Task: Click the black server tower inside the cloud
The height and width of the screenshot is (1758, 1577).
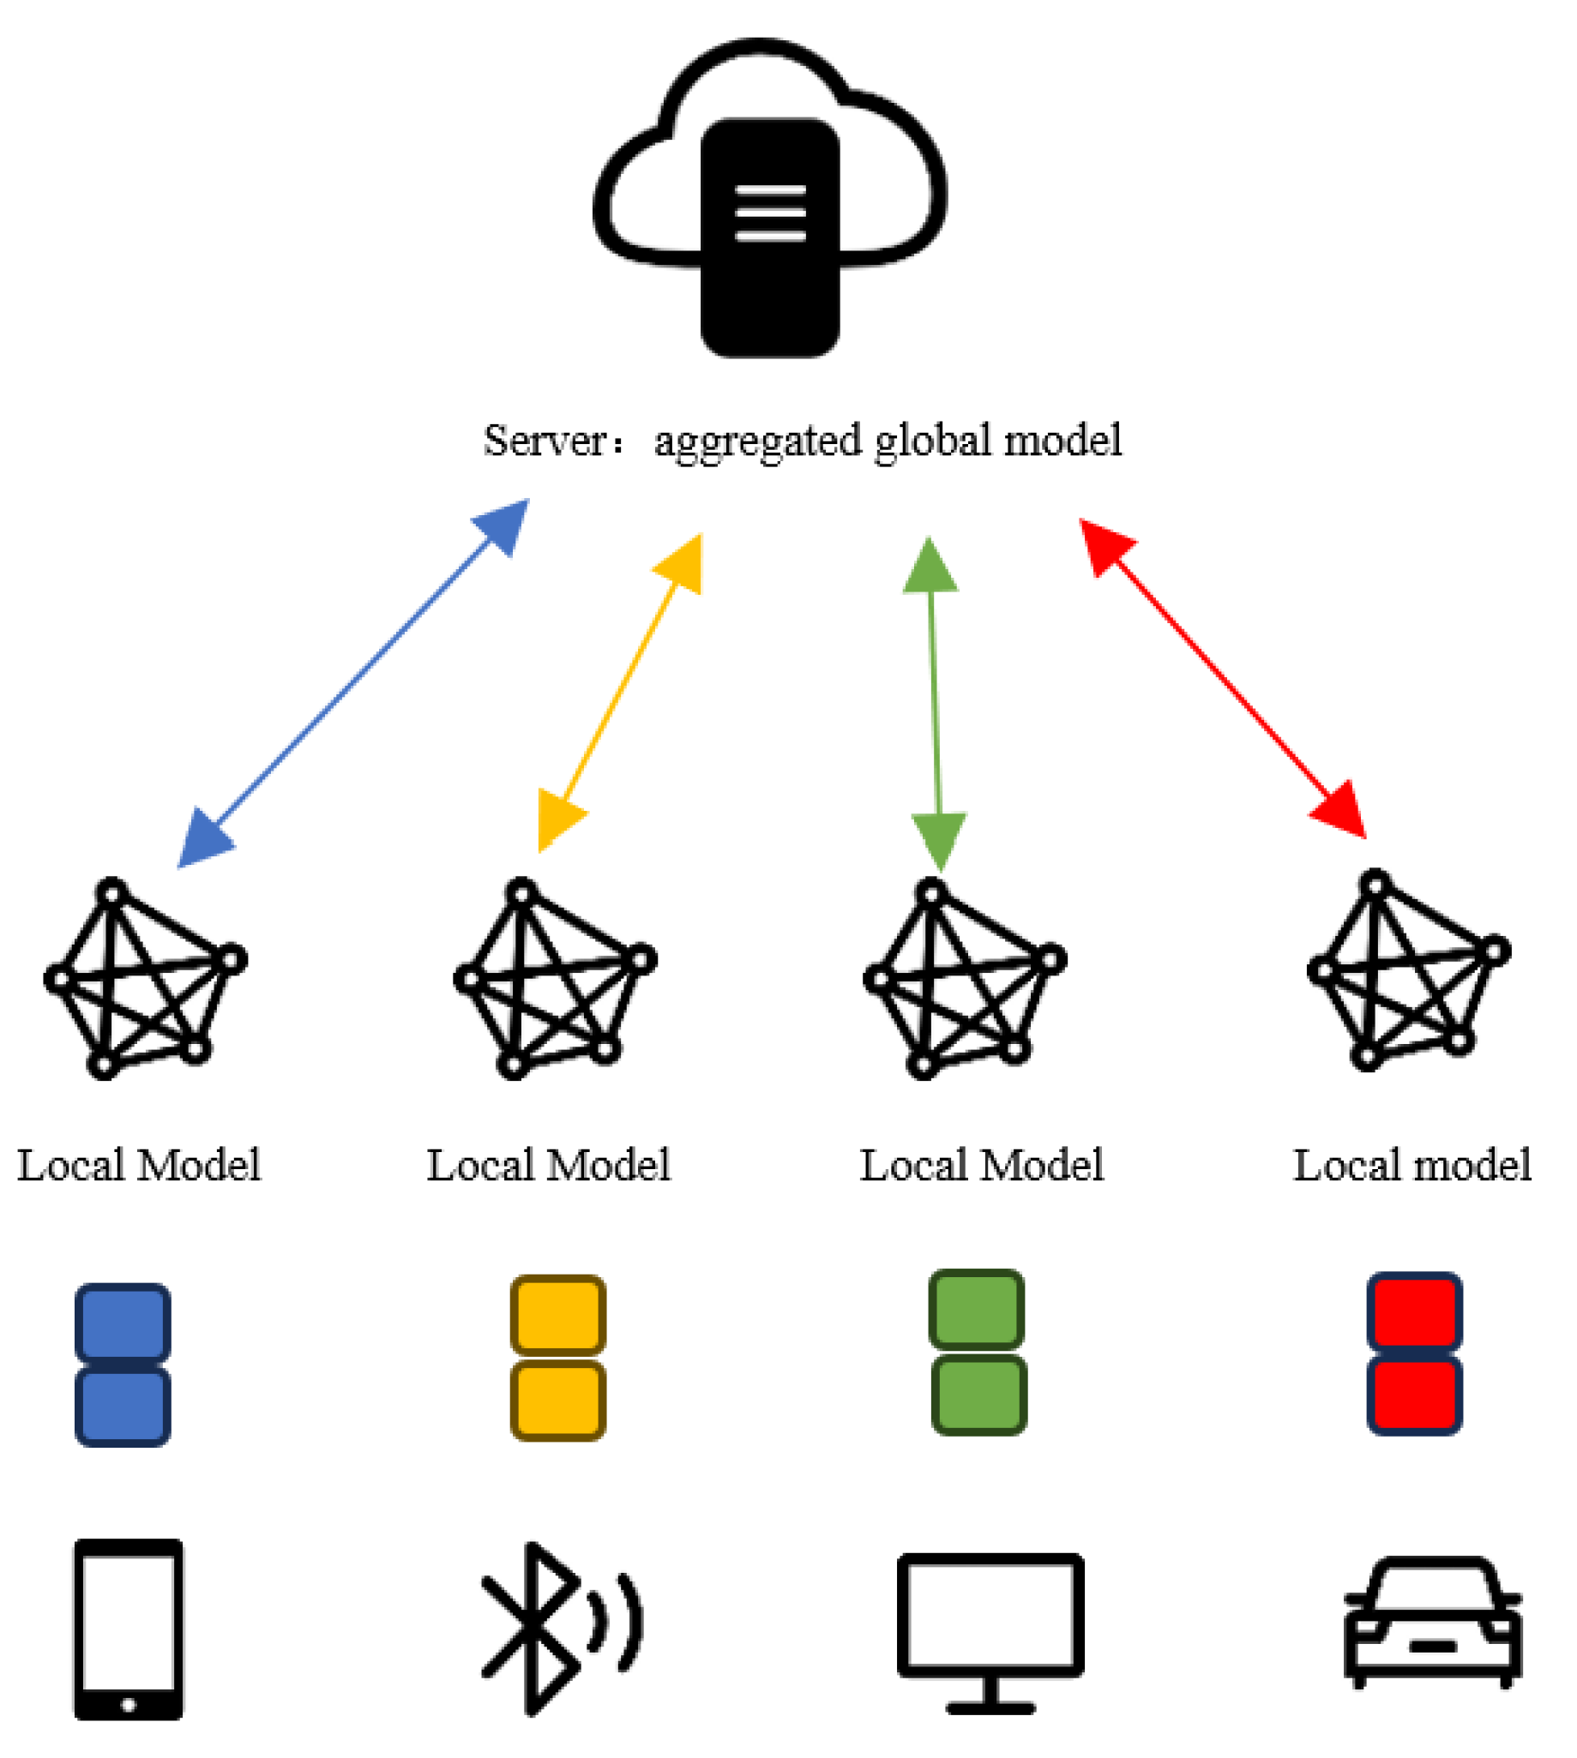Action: click(x=769, y=238)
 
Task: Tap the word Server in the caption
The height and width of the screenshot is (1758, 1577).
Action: click(x=545, y=441)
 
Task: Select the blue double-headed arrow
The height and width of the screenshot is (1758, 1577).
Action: click(x=352, y=683)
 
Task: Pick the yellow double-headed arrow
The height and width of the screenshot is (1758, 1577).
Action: click(x=619, y=693)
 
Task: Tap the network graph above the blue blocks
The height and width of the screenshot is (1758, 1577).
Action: click(x=145, y=979)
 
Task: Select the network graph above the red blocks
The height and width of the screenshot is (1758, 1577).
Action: click(x=1408, y=970)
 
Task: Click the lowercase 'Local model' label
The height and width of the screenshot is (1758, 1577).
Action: click(x=1411, y=1165)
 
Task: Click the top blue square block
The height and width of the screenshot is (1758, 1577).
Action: click(x=122, y=1323)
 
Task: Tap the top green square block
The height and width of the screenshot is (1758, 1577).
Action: click(x=977, y=1310)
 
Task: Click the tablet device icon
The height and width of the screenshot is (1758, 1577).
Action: click(x=129, y=1628)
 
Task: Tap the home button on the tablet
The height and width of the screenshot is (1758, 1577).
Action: click(x=129, y=1704)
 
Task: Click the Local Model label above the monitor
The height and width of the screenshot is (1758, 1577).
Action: click(x=981, y=1165)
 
